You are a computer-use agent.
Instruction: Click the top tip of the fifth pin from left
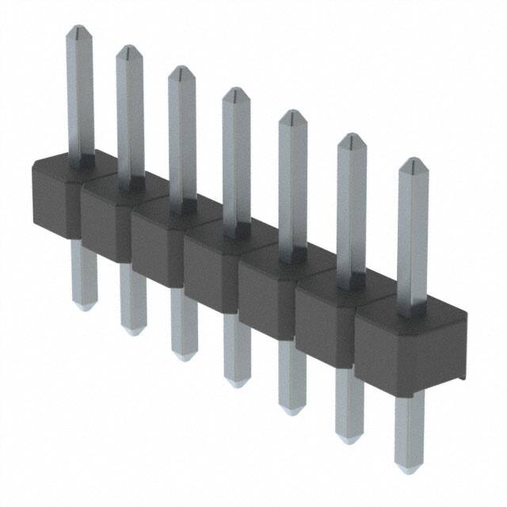click(292, 114)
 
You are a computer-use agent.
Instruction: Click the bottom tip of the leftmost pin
click(84, 307)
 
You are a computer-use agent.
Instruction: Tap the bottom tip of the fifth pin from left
click(292, 410)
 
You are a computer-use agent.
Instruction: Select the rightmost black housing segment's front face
click(408, 349)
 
